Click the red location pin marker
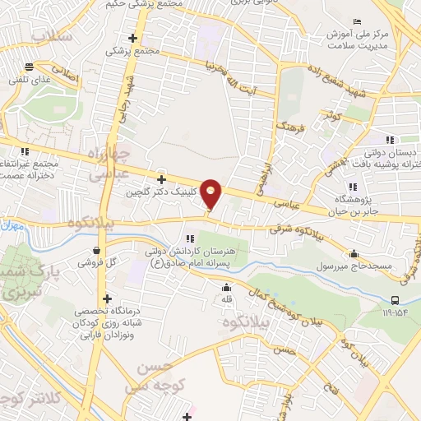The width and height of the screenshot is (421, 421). click(211, 194)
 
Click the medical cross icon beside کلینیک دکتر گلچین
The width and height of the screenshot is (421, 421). click(162, 179)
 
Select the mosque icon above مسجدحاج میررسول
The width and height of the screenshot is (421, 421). click(354, 253)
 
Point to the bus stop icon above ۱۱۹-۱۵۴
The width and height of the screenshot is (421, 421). click(396, 300)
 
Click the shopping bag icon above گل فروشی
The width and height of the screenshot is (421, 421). click(98, 252)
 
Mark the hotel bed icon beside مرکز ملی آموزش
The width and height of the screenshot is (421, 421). click(355, 21)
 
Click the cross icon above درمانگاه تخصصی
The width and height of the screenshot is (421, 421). click(106, 299)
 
